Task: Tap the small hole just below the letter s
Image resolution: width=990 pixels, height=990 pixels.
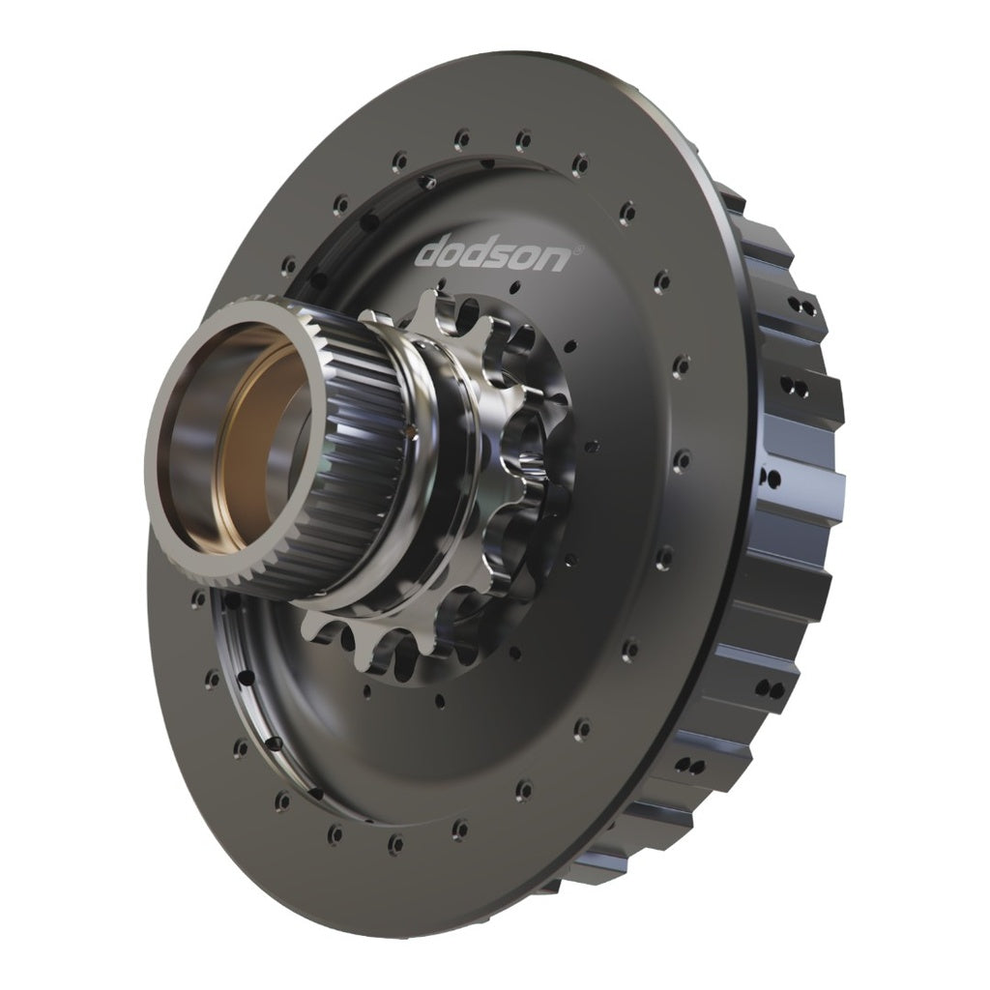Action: click(x=515, y=287)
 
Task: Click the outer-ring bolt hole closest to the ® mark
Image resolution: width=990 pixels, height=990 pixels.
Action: click(x=627, y=211)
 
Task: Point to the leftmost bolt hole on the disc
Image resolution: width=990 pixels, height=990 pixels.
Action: click(x=197, y=599)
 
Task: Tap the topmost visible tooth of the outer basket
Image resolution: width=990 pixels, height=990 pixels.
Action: click(x=732, y=198)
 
